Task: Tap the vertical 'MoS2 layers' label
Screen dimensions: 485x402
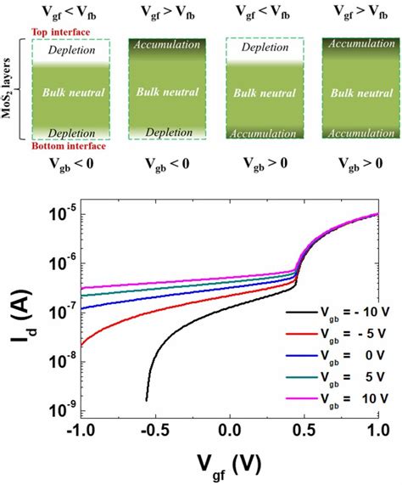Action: (x=11, y=88)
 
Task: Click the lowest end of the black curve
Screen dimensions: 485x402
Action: (x=146, y=399)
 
